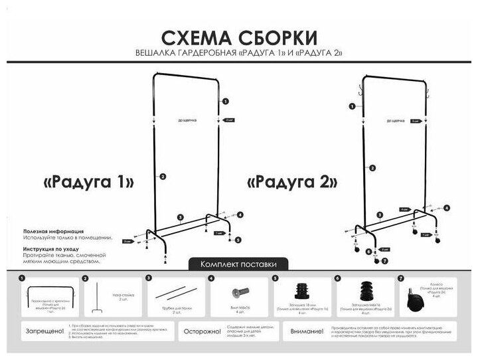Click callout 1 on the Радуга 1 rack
point(226,101)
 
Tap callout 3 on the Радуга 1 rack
point(180,217)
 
